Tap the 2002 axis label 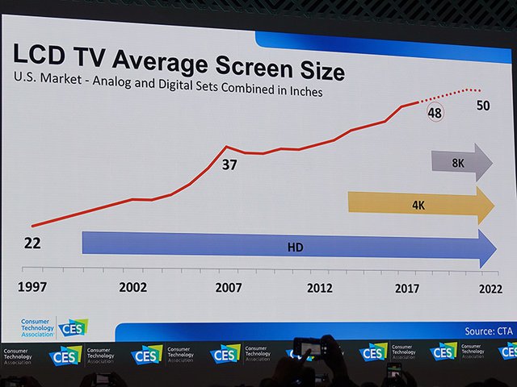(132, 288)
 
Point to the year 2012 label (320, 288)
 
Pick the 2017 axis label (410, 288)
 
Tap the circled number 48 (435, 113)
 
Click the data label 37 (230, 166)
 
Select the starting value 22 (32, 243)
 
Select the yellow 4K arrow (420, 205)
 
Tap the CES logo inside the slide (73, 327)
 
